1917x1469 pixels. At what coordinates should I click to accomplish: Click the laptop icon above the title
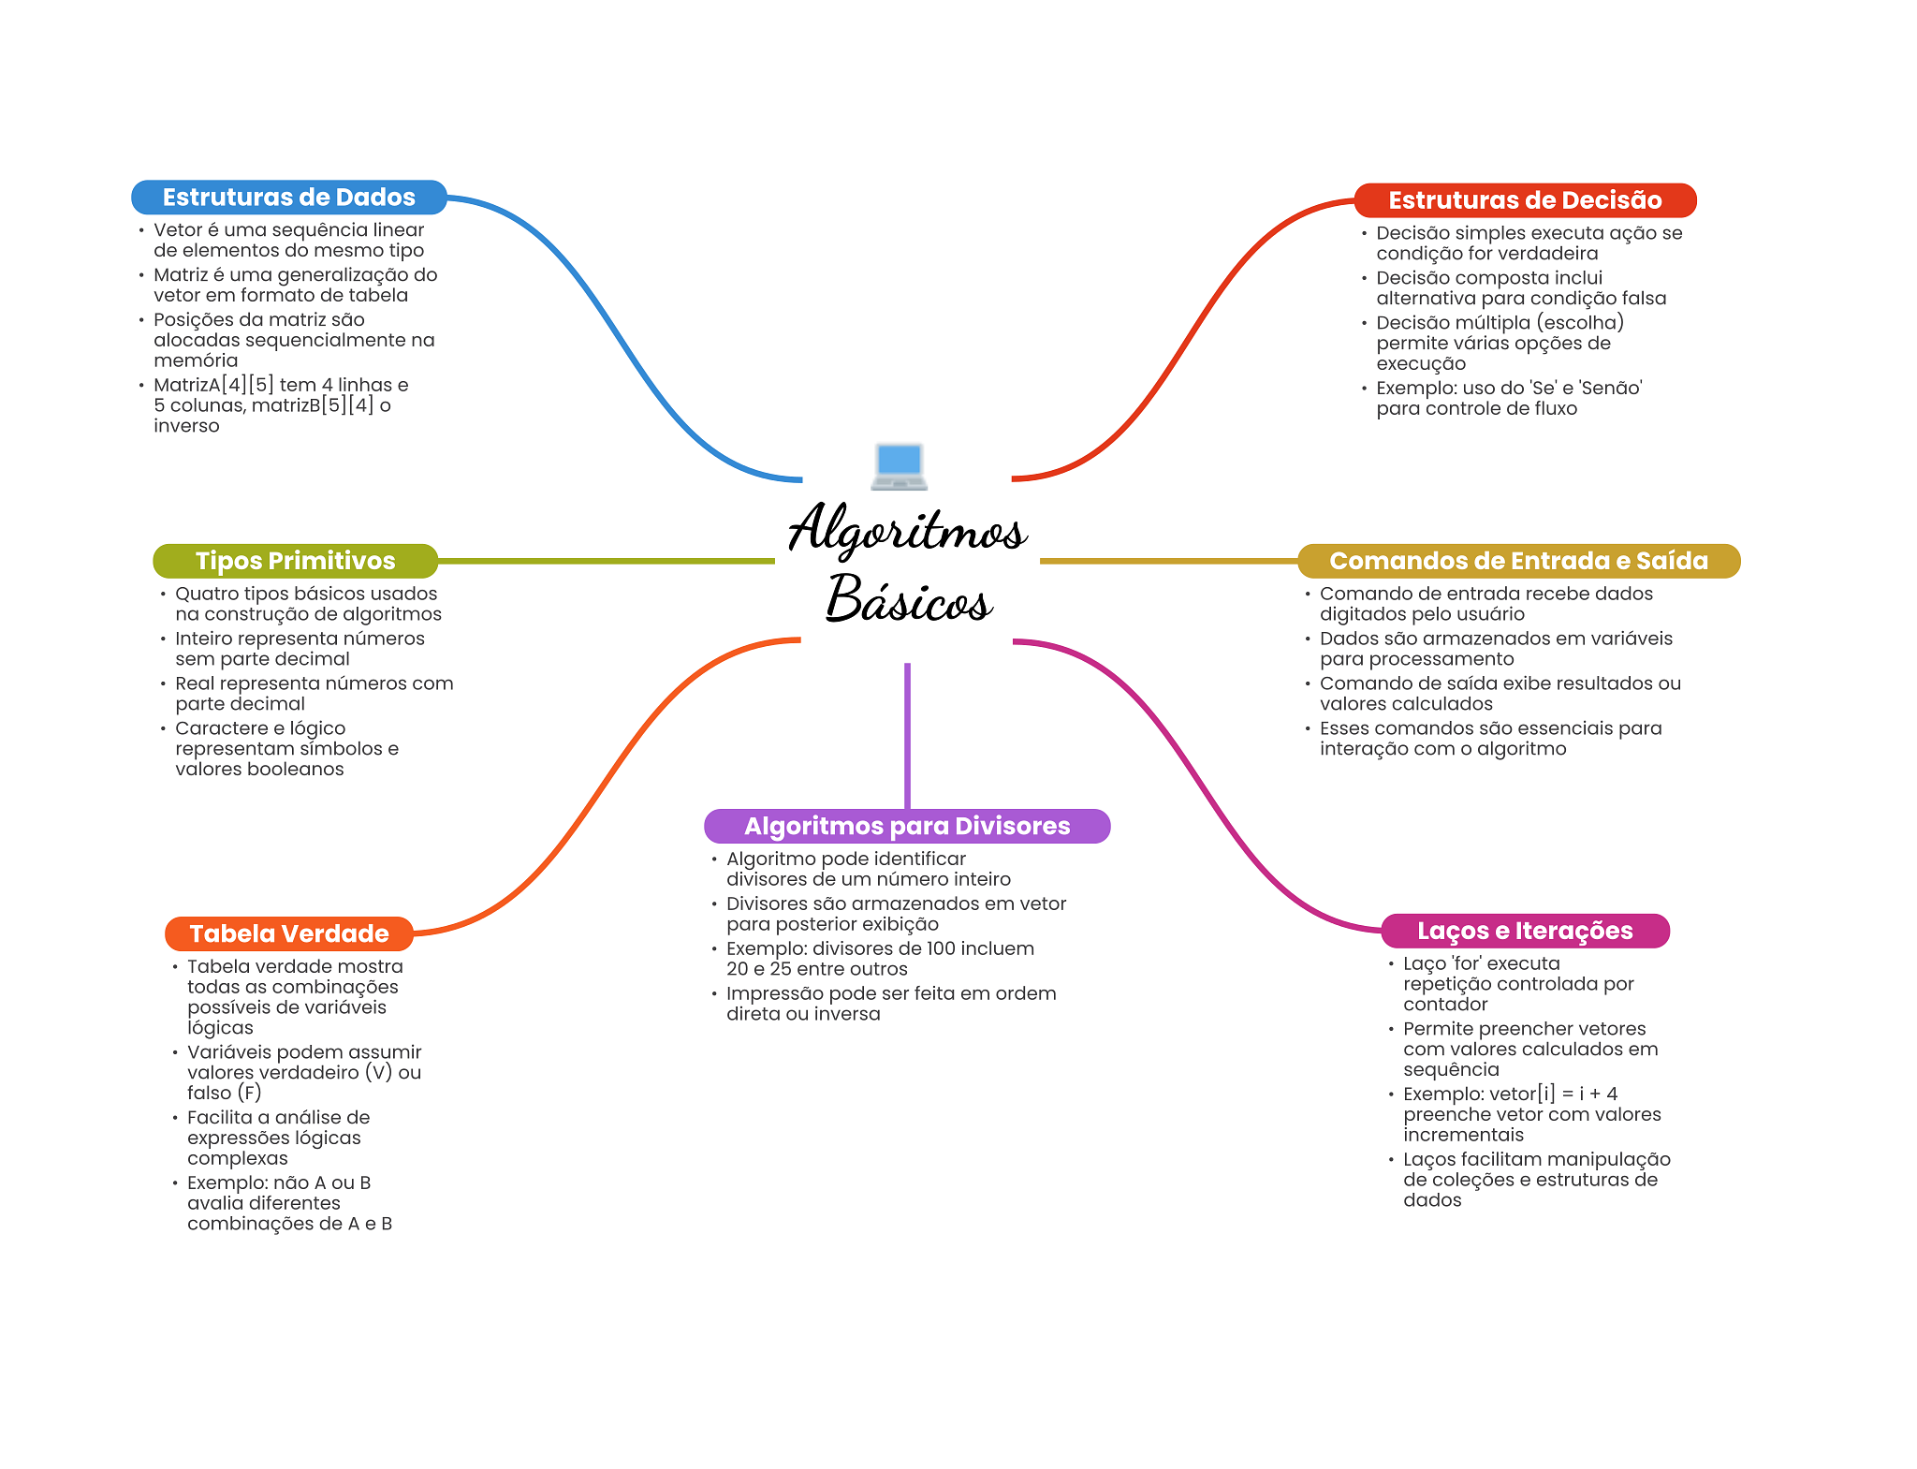coord(899,465)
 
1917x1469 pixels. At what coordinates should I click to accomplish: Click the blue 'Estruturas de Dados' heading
coord(289,198)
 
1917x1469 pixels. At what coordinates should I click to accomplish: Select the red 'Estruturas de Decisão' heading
coord(1525,200)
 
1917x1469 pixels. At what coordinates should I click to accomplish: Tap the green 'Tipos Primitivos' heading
coord(296,561)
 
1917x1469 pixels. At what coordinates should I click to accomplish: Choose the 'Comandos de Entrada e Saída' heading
coord(1518,561)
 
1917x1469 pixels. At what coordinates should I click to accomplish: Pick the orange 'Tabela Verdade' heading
coord(289,933)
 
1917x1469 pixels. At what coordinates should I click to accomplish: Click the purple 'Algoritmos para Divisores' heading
coord(907,826)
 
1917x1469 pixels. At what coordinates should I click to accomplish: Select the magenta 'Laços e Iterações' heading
coord(1525,931)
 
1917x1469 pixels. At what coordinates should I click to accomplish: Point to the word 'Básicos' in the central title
coord(908,598)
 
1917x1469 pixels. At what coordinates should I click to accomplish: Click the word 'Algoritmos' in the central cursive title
coord(908,529)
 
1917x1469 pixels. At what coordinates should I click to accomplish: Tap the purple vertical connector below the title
coord(907,736)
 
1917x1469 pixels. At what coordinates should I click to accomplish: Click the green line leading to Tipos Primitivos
coord(607,561)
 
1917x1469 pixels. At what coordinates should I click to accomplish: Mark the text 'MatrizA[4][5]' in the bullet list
coord(213,385)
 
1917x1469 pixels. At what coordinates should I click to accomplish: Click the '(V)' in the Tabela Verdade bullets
coord(378,1073)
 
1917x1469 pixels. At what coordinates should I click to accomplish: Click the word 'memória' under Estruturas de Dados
coord(196,360)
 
